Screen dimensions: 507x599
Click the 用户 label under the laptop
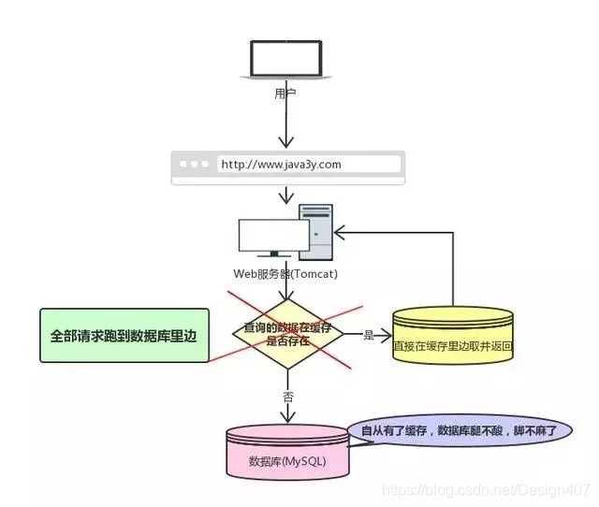pos(285,93)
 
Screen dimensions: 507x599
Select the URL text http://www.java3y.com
pos(281,165)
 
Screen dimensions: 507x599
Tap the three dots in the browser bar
pos(196,165)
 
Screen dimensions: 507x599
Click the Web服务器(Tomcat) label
pos(285,274)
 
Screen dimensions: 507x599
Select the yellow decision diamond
pos(286,334)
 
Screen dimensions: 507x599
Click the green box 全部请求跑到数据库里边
pos(124,334)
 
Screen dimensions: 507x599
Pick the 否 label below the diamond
pos(287,396)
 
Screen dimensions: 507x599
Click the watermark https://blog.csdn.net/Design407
pos(487,488)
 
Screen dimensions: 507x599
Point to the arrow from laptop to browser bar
pos(286,122)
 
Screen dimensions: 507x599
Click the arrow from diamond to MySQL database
pos(286,398)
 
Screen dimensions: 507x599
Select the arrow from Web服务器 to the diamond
pos(286,290)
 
